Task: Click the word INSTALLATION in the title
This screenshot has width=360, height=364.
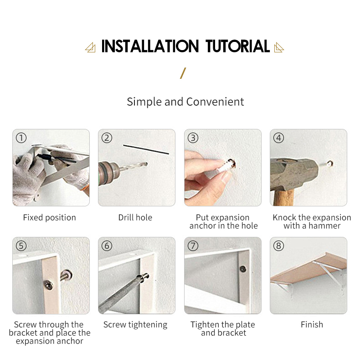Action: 150,46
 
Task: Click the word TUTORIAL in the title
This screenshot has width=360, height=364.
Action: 237,46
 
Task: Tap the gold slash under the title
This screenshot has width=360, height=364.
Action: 183,73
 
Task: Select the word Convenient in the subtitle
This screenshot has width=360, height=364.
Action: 215,102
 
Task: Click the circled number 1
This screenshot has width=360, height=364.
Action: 21,138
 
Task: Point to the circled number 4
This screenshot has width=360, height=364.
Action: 279,138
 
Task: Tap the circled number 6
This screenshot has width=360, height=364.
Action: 107,246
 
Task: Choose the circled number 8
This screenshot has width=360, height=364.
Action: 279,246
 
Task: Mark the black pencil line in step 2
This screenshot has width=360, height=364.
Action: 146,149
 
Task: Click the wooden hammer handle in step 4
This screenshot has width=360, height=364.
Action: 284,198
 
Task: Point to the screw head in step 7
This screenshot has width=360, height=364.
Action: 243,269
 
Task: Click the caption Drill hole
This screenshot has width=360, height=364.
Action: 135,217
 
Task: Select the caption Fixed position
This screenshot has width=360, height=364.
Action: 50,218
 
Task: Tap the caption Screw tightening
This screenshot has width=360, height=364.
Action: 135,325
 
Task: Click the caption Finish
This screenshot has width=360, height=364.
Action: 312,324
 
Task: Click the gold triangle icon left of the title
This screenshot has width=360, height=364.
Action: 90,47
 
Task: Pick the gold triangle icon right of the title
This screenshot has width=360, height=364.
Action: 279,47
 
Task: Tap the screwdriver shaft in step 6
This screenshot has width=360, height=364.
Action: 119,294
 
